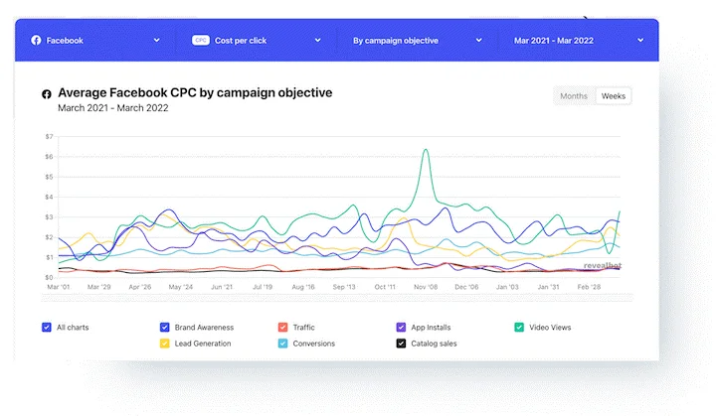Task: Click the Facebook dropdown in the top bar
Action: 95,40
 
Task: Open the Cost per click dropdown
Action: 257,40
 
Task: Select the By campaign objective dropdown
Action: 418,40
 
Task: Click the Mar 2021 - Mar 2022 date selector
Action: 579,40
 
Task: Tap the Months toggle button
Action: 574,96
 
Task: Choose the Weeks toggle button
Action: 614,96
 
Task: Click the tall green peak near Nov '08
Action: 426,150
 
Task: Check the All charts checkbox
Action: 47,327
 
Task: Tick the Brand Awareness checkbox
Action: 165,327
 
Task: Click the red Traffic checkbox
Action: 283,327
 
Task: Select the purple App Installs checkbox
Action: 401,327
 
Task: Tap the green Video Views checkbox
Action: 519,327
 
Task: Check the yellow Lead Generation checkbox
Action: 165,344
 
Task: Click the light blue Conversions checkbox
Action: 283,344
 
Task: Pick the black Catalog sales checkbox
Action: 401,344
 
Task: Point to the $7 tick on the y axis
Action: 50,136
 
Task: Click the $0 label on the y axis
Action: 50,277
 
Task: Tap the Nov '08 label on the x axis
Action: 426,287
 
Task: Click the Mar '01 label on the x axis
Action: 59,287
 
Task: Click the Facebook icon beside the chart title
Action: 47,94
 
